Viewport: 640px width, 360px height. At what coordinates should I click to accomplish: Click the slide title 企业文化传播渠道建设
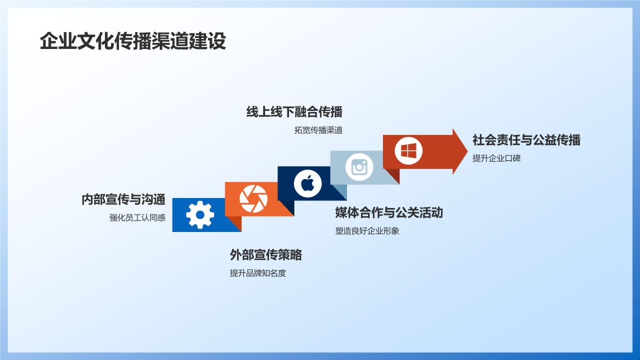coord(132,41)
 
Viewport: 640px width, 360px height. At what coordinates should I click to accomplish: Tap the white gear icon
coord(200,215)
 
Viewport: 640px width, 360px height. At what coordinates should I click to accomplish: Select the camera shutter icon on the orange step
coord(253,198)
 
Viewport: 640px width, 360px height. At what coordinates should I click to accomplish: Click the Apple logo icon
coord(307,183)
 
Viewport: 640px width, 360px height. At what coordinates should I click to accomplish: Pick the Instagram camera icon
coord(359,167)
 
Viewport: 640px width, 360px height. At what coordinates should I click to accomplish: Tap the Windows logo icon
coord(408,150)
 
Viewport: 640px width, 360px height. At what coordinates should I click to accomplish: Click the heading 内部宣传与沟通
coord(123,199)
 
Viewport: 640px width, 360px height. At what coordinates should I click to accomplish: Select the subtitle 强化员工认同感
coord(137,218)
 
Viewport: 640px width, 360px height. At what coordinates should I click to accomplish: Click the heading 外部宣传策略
coord(265,255)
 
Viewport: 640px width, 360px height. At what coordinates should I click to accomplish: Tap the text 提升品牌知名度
coord(257,273)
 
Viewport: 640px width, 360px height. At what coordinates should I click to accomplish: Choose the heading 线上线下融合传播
coord(294,111)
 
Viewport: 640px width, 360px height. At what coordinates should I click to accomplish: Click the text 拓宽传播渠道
coord(318,130)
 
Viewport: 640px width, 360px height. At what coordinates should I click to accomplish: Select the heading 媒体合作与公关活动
coord(388,212)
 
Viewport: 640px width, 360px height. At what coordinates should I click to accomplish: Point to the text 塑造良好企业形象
coord(367,231)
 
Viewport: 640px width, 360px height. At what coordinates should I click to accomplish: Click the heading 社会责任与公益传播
coord(526,140)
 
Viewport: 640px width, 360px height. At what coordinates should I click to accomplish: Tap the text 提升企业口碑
coord(496,158)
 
